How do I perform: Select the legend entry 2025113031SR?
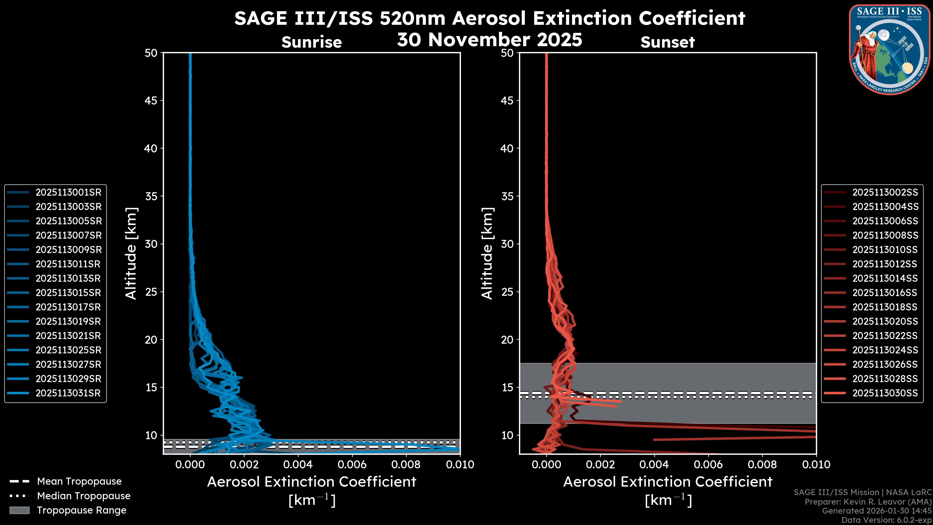[68, 393]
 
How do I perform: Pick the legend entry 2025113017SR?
[68, 307]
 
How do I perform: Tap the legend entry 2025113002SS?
[885, 192]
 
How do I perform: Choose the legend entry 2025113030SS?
[885, 393]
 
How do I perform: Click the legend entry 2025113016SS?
[885, 293]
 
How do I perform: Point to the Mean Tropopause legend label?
[79, 481]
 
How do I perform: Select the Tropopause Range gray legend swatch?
[19, 510]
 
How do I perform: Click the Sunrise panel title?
[311, 42]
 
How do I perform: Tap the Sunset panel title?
[667, 42]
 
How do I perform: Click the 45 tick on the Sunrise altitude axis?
[151, 101]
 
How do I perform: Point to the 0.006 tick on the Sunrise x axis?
[352, 464]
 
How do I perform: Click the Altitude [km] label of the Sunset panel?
[487, 253]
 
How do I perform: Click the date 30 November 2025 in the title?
[489, 40]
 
